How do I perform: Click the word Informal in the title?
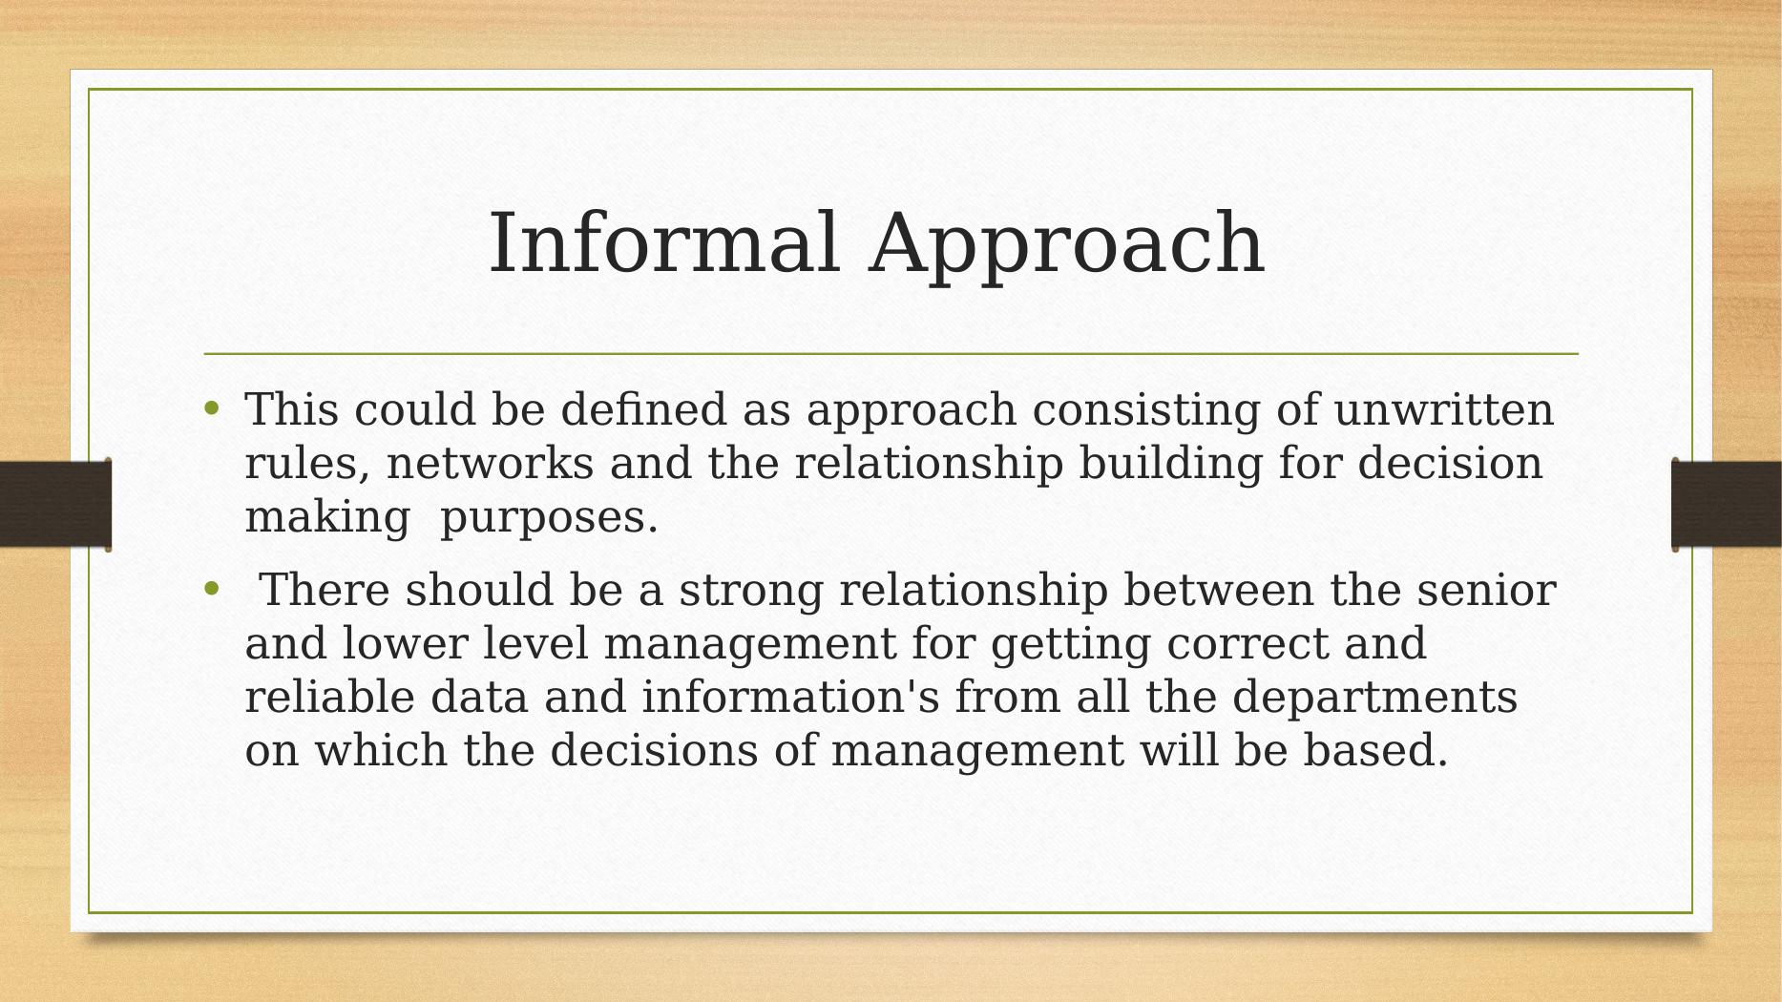664,242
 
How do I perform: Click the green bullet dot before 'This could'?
212,409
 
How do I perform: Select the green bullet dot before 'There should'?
212,589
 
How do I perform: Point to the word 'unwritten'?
1444,410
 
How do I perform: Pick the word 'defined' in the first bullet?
644,410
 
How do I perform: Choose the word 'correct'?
1247,644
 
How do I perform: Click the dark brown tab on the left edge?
55,505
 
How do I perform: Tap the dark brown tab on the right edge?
1727,505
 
